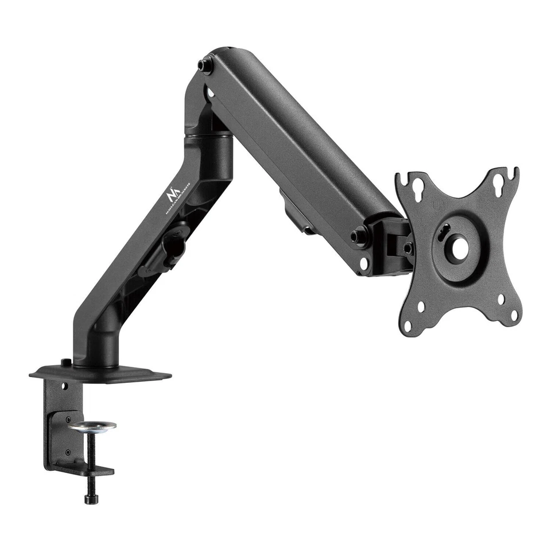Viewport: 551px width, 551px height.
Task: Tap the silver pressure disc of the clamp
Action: tap(92, 426)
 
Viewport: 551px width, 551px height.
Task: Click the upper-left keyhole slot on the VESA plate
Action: tap(418, 187)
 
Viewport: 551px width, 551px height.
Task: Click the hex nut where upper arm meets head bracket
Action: tap(360, 235)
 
